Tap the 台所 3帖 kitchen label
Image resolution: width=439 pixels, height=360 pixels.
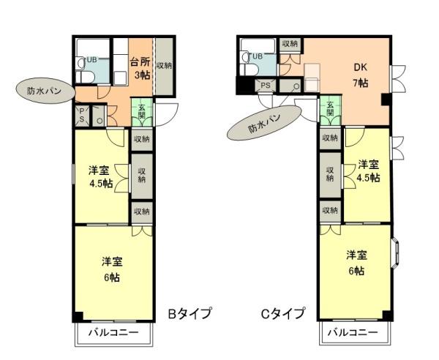point(140,68)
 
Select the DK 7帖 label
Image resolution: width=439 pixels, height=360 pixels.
point(360,74)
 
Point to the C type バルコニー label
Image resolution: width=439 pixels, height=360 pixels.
point(353,332)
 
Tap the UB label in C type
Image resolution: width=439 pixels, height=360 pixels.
point(258,56)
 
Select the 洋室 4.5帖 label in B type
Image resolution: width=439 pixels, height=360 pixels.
point(100,176)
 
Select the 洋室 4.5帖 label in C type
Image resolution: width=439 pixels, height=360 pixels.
point(368,170)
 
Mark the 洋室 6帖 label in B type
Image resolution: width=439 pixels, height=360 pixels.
point(112,269)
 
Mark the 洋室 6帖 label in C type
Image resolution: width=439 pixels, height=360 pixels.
point(356,262)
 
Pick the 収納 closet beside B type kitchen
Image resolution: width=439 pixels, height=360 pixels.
point(163,66)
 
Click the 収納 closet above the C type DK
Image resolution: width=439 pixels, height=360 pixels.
point(289,44)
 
